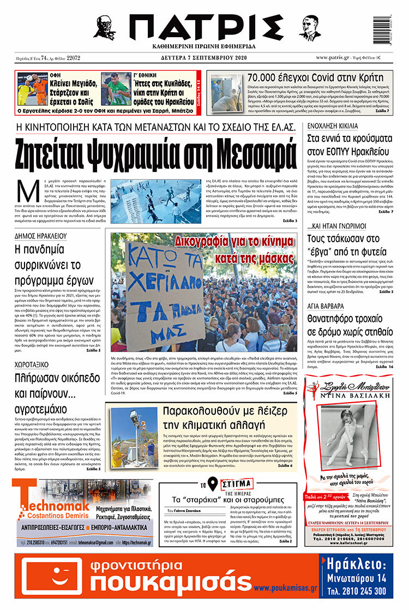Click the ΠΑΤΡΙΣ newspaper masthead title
[x=204, y=26]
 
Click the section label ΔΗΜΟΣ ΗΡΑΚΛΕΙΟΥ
[x=41, y=236]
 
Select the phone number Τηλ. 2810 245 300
[x=357, y=591]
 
